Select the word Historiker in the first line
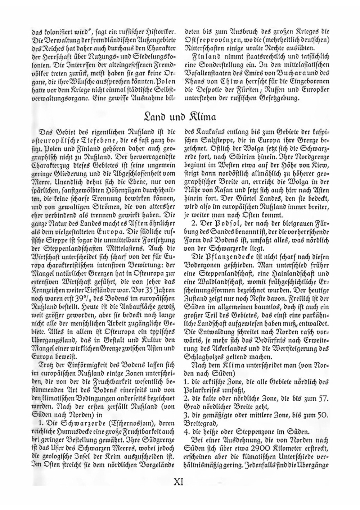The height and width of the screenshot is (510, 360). [159, 31]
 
